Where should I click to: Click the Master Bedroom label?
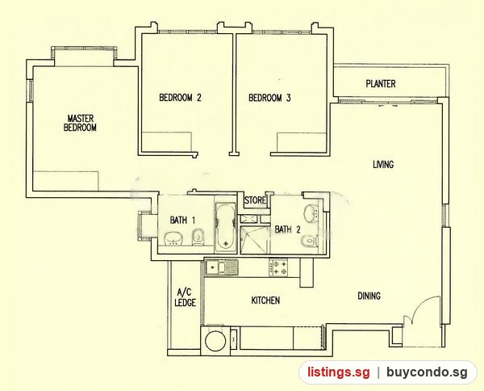[x=80, y=123]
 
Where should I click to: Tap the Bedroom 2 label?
[x=180, y=98]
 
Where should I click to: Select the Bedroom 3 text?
[x=269, y=98]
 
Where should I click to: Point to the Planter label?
[x=381, y=83]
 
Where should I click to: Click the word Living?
[x=383, y=164]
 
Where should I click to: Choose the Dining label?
[x=369, y=296]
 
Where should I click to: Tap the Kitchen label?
[x=265, y=301]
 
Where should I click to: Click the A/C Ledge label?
[x=185, y=297]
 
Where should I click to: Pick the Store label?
[x=255, y=200]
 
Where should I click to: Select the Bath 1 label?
[x=182, y=220]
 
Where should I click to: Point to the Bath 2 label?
[x=287, y=229]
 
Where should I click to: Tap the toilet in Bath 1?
[x=198, y=237]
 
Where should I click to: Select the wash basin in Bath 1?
[x=173, y=238]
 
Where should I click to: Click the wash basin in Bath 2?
[x=311, y=213]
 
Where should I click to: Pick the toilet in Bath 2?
[x=310, y=240]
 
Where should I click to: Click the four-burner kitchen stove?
[x=278, y=267]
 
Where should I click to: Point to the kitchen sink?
[x=221, y=267]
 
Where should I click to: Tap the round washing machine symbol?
[x=215, y=341]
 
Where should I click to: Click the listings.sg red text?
[x=338, y=372]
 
